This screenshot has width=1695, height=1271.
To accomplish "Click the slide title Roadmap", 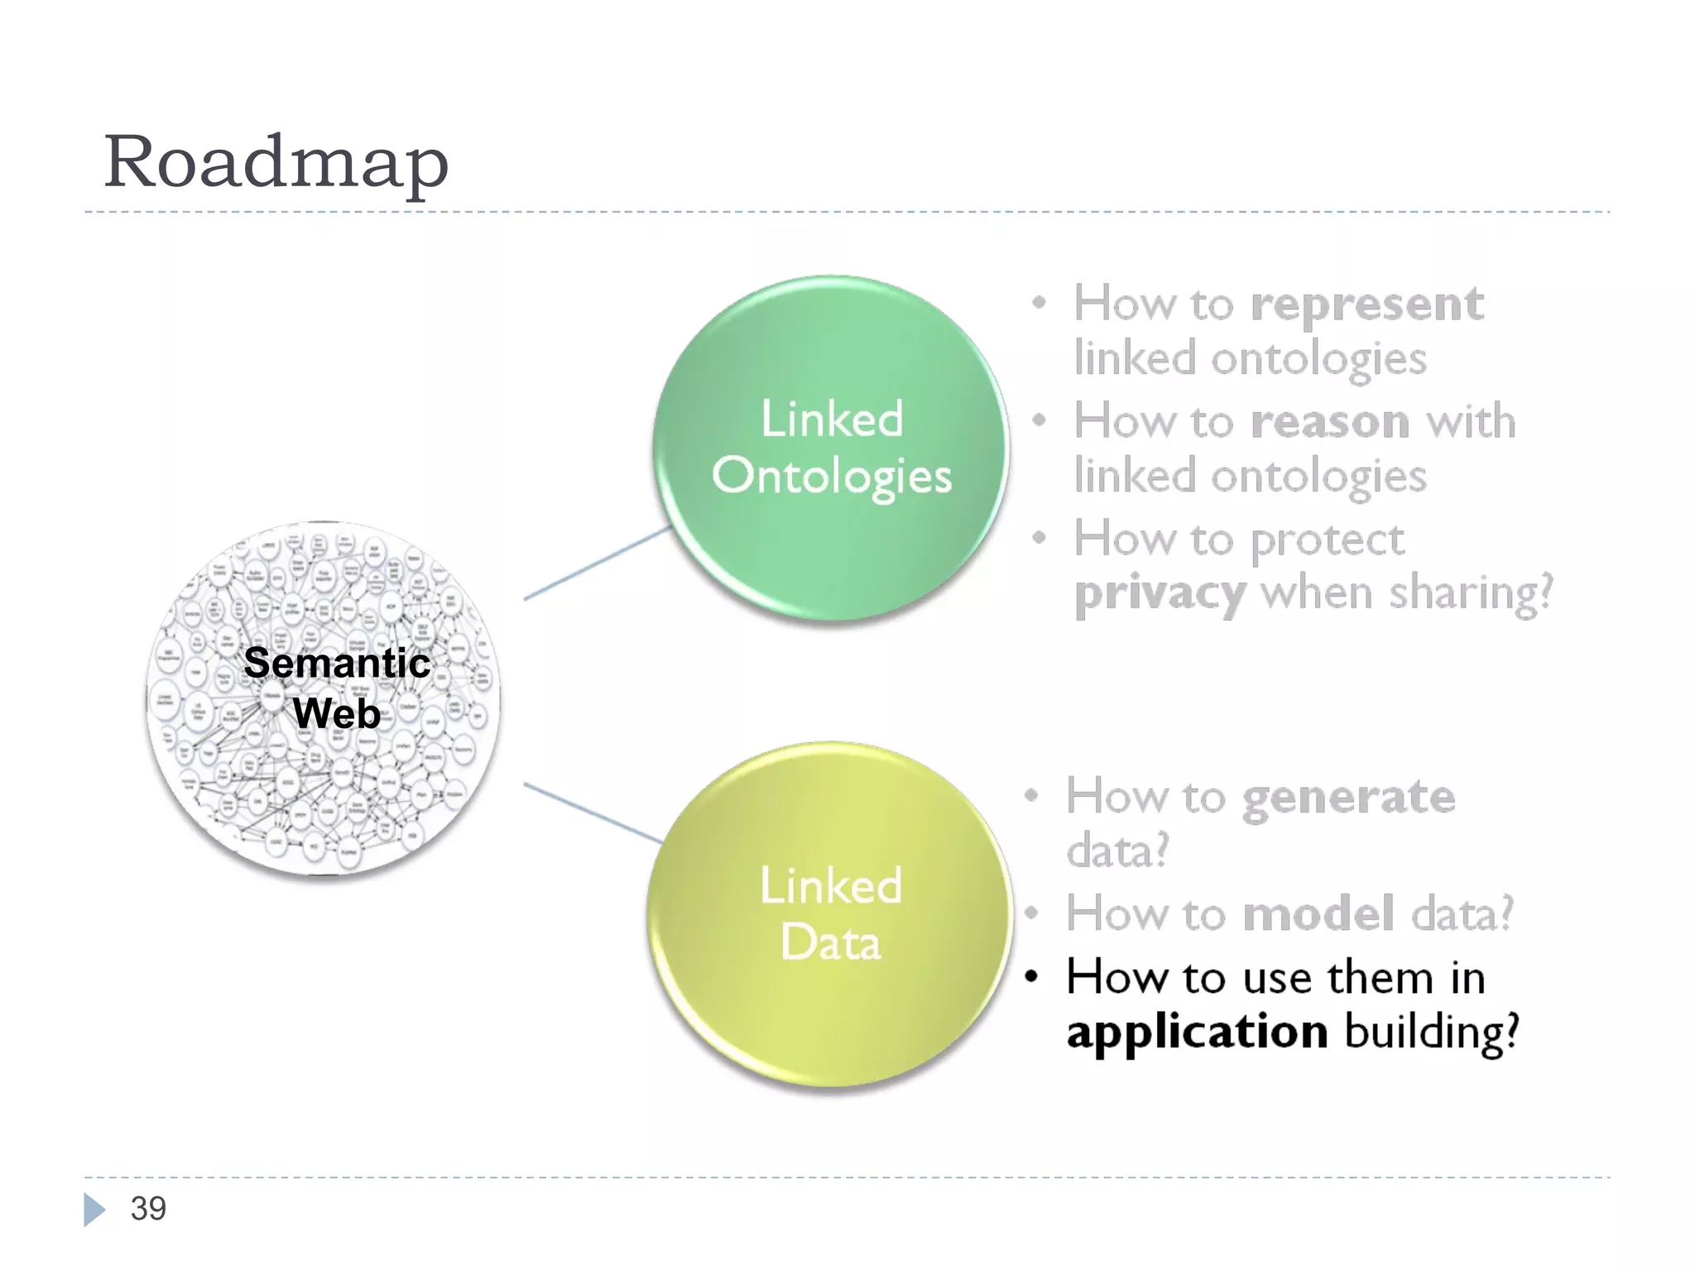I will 276,163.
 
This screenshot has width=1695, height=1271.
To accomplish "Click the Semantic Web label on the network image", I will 337,688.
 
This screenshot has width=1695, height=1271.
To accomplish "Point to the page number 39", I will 148,1209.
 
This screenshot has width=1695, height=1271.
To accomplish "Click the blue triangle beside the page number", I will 94,1210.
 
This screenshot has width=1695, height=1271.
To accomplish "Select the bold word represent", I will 1366,305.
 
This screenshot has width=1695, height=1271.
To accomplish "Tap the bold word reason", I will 1329,422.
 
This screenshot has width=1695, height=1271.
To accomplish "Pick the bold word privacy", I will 1159,594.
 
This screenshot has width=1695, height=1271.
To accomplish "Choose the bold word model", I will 1318,914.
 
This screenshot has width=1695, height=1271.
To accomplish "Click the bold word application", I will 1197,1033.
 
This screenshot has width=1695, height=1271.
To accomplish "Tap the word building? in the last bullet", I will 1433,1033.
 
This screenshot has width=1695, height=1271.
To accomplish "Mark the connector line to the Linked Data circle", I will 593,813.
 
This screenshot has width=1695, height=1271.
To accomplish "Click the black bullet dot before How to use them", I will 1031,977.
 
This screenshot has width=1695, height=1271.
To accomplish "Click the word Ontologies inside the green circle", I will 831,477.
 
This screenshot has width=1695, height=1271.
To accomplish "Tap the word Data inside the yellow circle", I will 830,942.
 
